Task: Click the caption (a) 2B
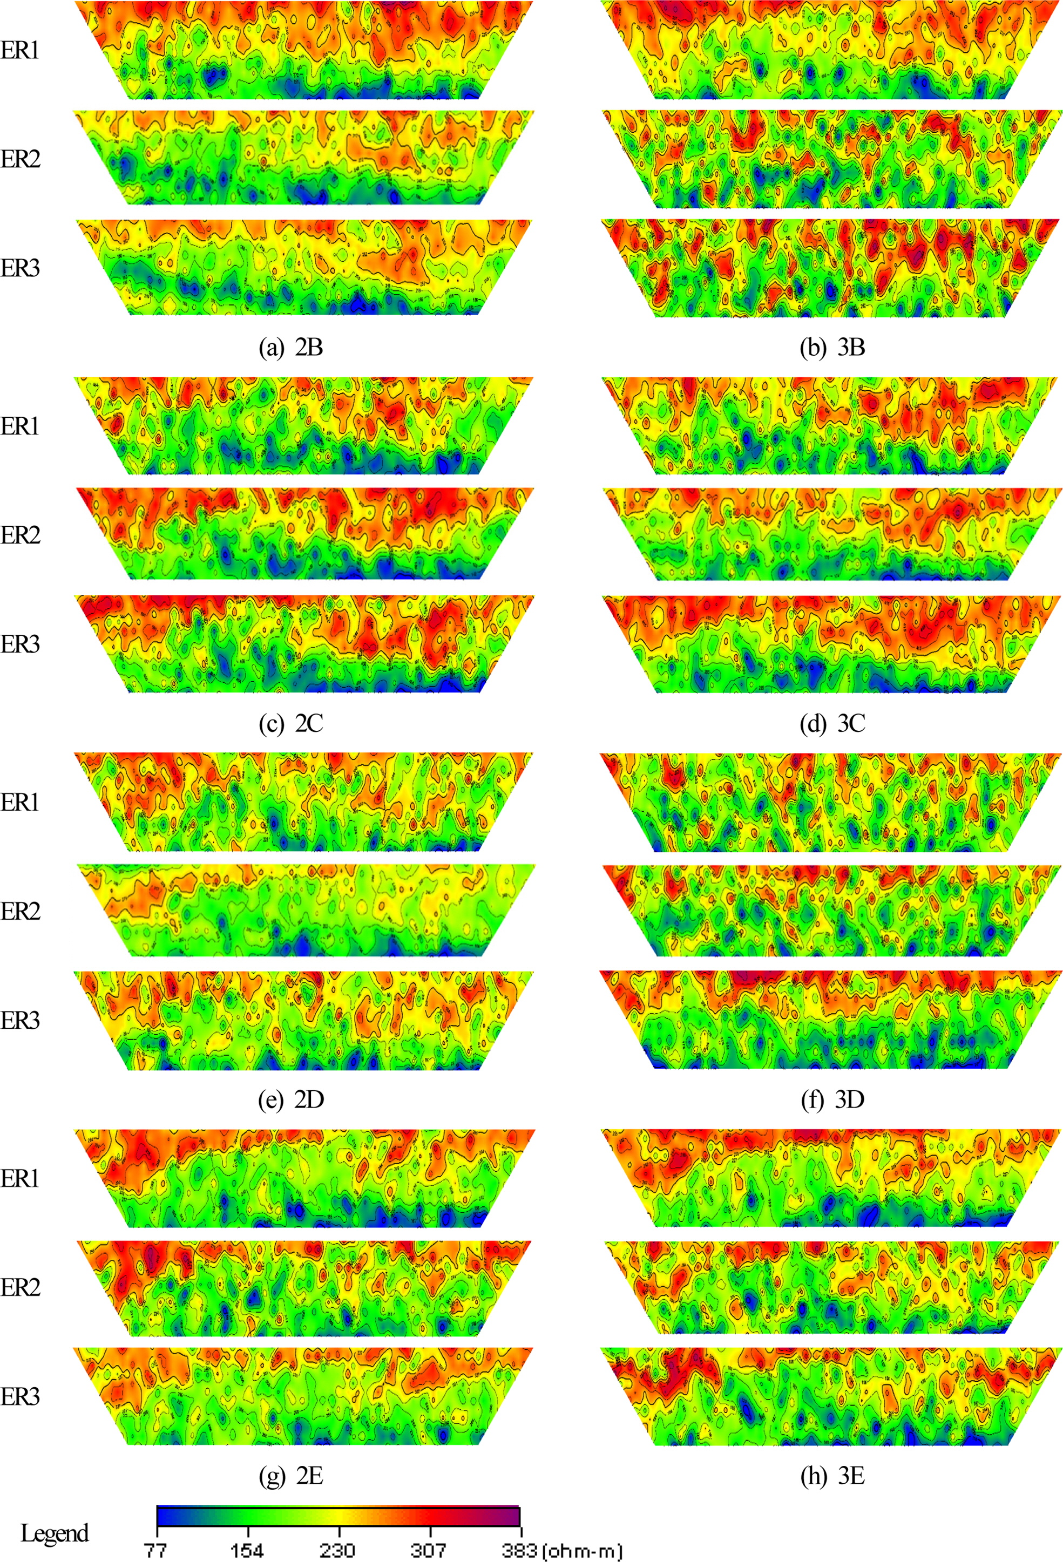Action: (291, 348)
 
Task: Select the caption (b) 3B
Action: (832, 348)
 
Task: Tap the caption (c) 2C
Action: (291, 723)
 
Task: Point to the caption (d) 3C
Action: (832, 723)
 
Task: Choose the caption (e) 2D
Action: (291, 1099)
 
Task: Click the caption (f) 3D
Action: (832, 1099)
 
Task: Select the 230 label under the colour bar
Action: (338, 1551)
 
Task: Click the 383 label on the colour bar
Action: (518, 1551)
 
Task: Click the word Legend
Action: (55, 1533)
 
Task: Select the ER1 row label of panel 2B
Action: (20, 50)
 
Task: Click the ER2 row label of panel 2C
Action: (20, 535)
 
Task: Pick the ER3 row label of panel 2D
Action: (20, 1020)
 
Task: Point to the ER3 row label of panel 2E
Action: (20, 1397)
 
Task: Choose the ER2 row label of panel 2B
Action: (20, 159)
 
